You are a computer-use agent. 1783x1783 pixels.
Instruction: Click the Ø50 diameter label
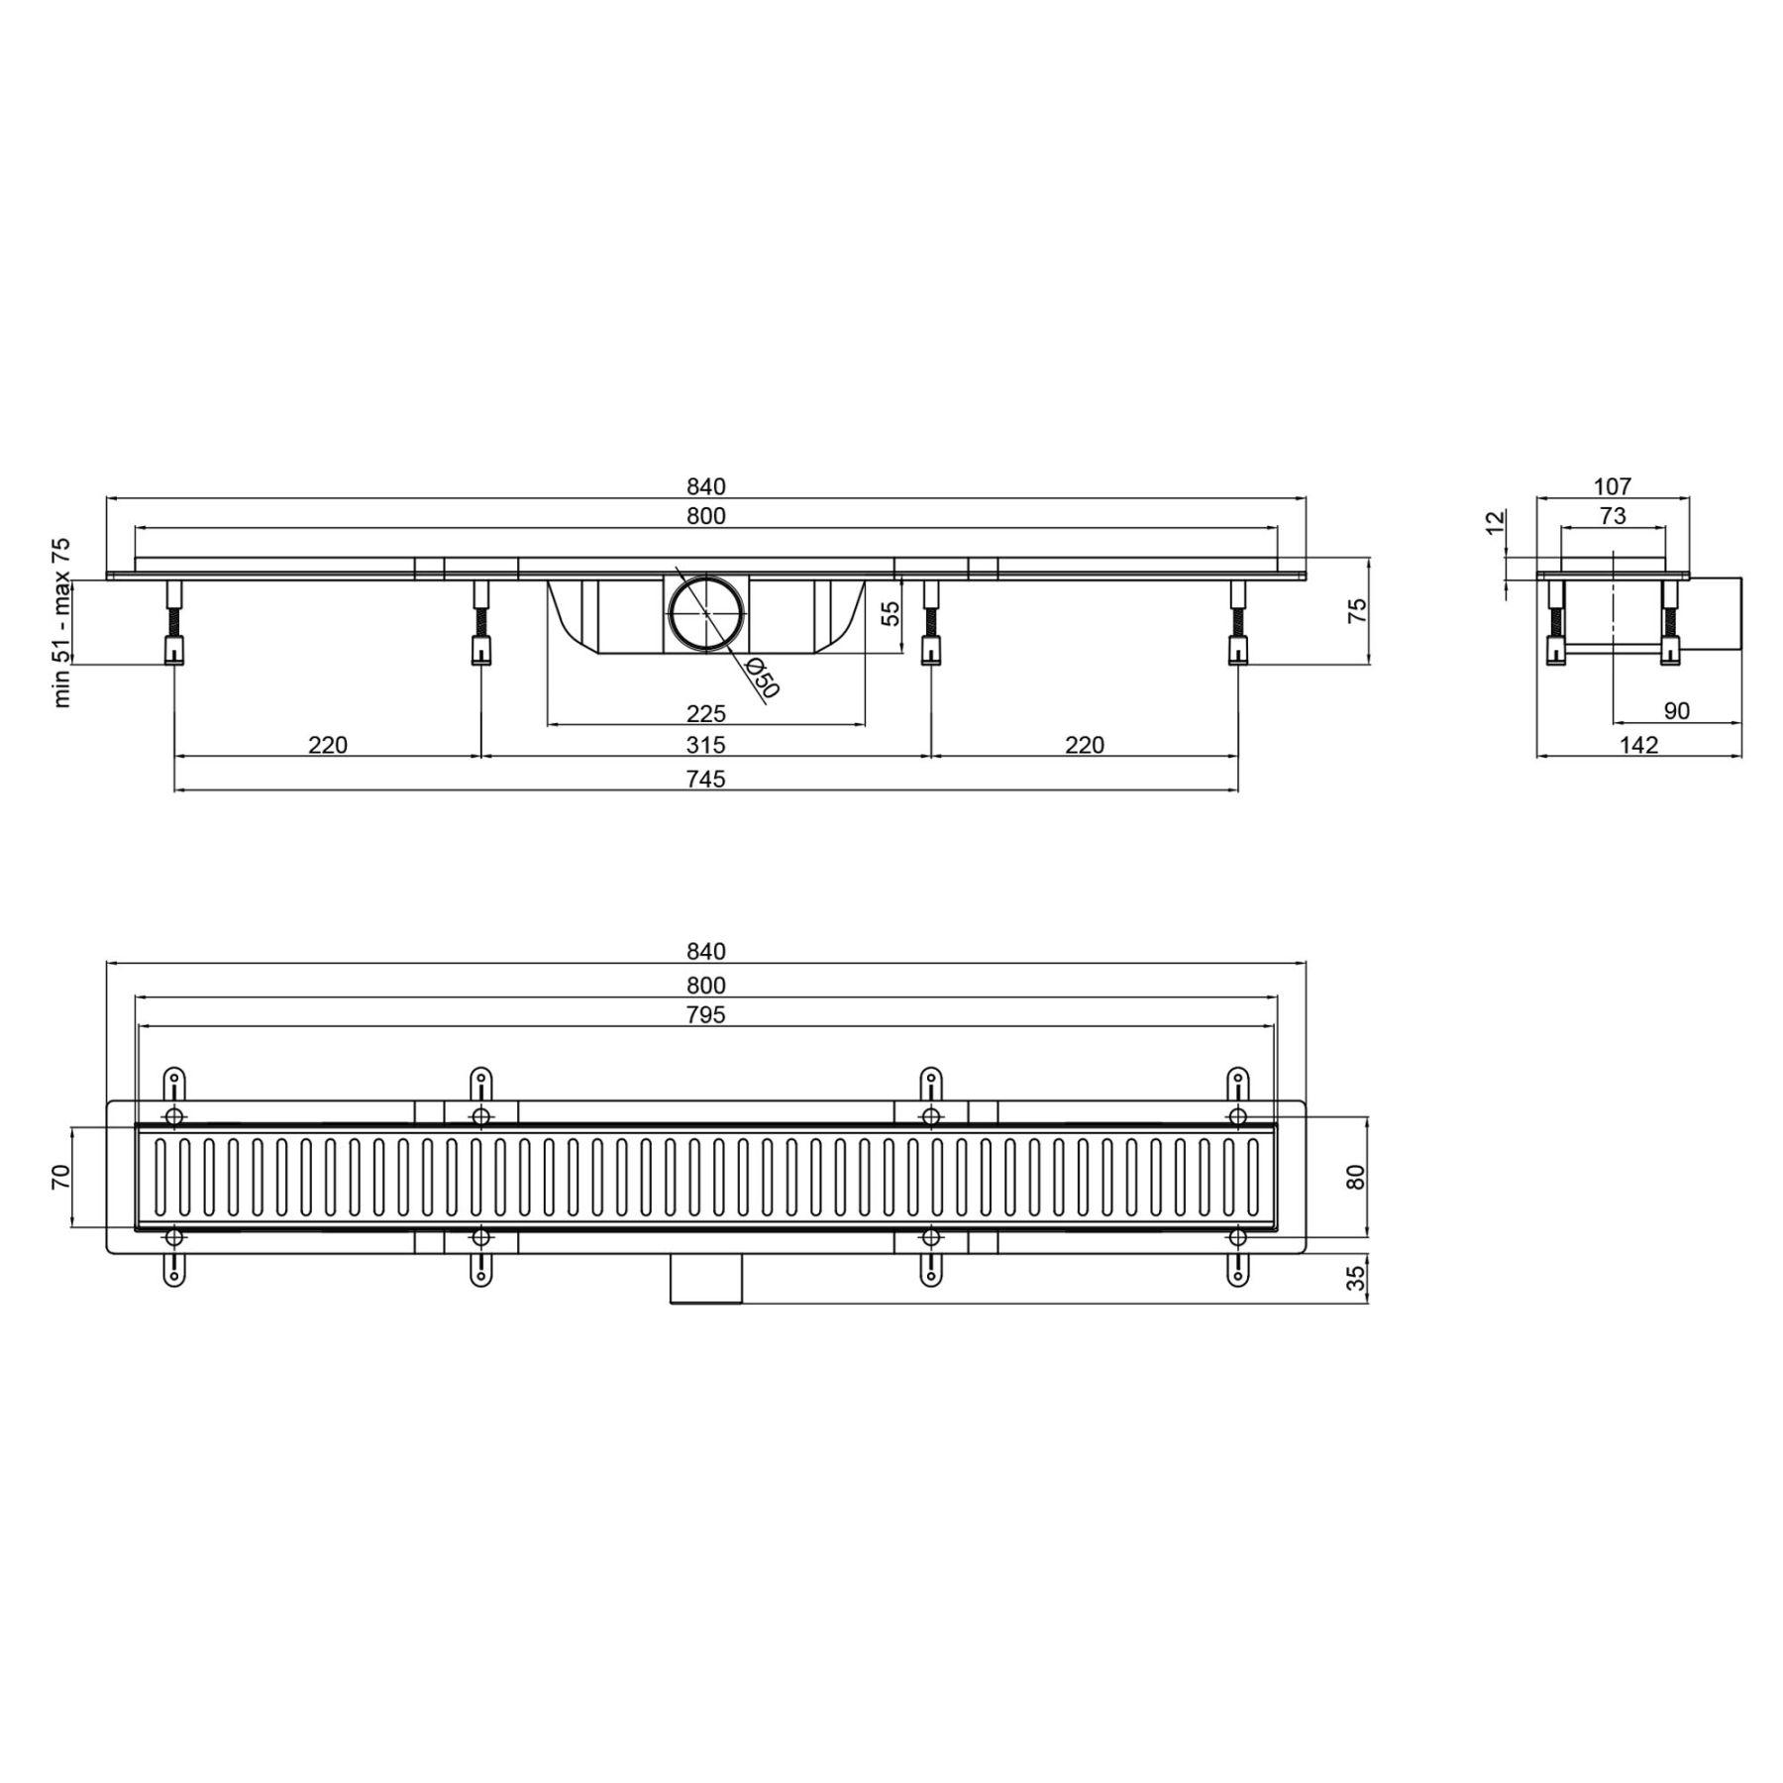[763, 678]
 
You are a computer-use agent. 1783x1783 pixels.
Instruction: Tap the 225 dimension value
[706, 713]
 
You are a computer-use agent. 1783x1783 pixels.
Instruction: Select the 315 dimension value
[706, 745]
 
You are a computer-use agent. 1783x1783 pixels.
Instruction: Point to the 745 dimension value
[706, 780]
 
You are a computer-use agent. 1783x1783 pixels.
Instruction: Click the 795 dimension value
[706, 1015]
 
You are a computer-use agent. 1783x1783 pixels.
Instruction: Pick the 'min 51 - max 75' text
[61, 623]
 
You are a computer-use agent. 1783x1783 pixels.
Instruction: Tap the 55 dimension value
[891, 614]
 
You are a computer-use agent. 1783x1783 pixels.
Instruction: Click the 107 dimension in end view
[1613, 486]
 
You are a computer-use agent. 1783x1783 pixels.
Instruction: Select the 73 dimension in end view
[1613, 516]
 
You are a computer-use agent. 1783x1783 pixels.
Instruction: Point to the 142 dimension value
[1639, 745]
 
